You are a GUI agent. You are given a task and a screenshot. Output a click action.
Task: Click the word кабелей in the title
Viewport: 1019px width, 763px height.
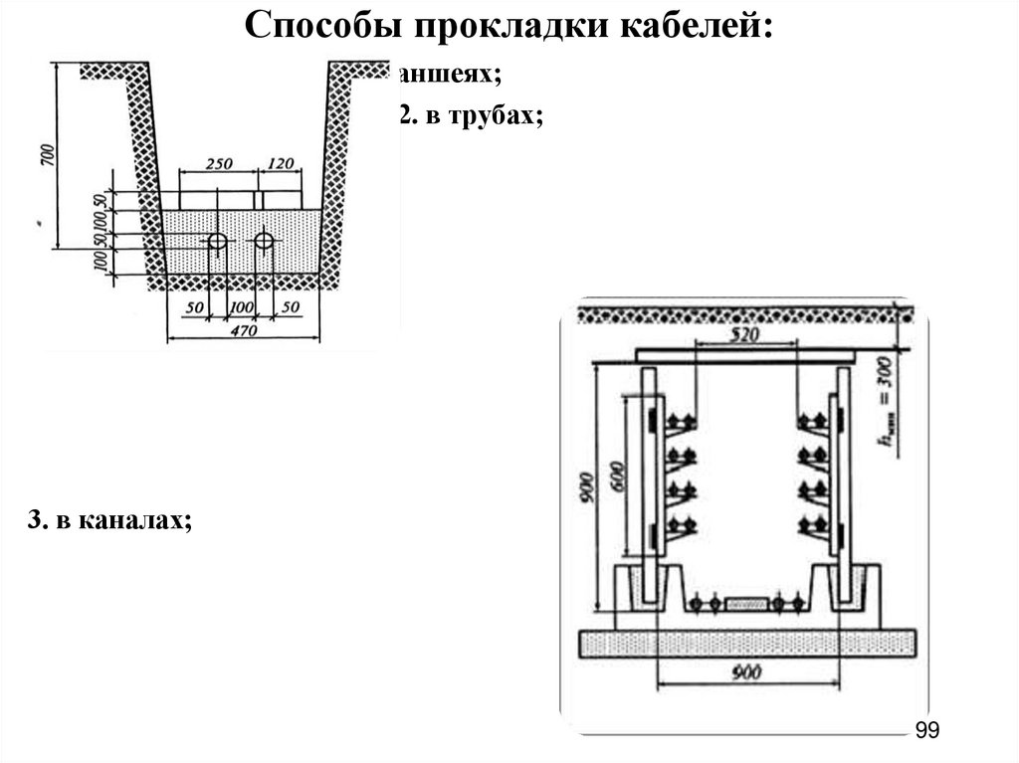coord(697,24)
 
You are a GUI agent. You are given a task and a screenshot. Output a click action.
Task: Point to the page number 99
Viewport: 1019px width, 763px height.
coord(926,731)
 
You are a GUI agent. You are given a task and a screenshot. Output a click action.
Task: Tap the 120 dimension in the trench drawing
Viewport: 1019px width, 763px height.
coord(282,162)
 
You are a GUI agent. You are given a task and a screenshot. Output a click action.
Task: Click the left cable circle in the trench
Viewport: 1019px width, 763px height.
coord(216,242)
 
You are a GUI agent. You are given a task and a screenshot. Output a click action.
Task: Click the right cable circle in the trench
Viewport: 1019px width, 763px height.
coord(264,242)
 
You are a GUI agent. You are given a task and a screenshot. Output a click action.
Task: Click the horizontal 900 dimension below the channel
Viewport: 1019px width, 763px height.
coord(745,673)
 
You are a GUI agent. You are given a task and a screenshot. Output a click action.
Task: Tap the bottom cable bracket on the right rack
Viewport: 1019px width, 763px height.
coord(813,524)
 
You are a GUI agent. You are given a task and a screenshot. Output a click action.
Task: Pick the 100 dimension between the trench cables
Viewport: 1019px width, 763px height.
coord(240,307)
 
